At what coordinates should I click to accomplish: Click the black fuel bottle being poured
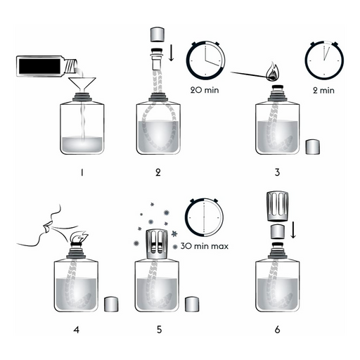pyautogui.click(x=47, y=66)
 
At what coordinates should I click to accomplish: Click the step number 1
pyautogui.click(x=82, y=173)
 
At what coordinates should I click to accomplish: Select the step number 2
pyautogui.click(x=158, y=172)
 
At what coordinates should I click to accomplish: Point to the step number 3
pyautogui.click(x=277, y=172)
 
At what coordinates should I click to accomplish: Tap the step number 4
pyautogui.click(x=77, y=330)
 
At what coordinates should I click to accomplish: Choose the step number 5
pyautogui.click(x=160, y=330)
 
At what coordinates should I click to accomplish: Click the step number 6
pyautogui.click(x=278, y=330)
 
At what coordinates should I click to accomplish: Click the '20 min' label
pyautogui.click(x=205, y=90)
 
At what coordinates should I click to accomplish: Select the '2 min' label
pyautogui.click(x=323, y=91)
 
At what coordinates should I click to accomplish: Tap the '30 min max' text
pyautogui.click(x=205, y=246)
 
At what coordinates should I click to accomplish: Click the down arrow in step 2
pyautogui.click(x=172, y=53)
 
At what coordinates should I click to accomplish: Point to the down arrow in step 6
pyautogui.click(x=293, y=230)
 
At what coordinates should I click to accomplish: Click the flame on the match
pyautogui.click(x=273, y=72)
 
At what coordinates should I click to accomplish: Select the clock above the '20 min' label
pyautogui.click(x=205, y=60)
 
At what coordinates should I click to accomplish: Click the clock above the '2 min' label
pyautogui.click(x=324, y=60)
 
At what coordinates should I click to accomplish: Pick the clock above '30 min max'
pyautogui.click(x=204, y=217)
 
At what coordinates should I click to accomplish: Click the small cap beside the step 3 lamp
pyautogui.click(x=313, y=147)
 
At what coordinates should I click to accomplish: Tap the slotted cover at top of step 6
pyautogui.click(x=277, y=206)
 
